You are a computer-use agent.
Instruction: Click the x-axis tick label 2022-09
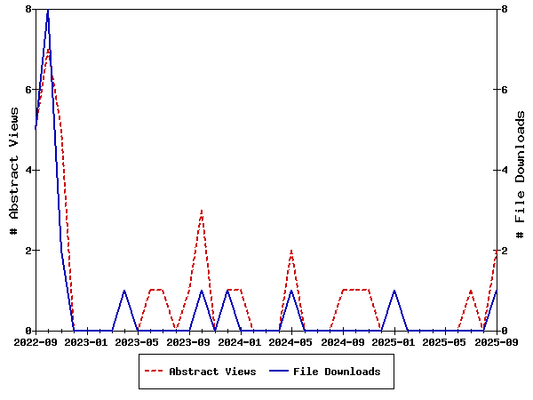36,341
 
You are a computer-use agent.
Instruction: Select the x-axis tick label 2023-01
87,341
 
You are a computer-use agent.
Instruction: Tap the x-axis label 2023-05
138,341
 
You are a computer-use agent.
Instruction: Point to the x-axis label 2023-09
189,341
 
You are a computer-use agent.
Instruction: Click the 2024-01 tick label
241,341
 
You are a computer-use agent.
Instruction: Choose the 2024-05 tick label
291,341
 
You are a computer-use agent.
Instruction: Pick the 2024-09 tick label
343,341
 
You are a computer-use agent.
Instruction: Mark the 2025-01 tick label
394,341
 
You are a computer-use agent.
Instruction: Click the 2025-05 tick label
445,341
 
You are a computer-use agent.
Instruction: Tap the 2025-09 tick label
496,341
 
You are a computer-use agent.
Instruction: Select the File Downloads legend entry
337,372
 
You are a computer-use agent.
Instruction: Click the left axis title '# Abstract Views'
14,170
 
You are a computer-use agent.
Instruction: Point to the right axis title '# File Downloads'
521,170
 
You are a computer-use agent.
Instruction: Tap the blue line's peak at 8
48,10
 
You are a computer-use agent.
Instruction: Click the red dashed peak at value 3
202,211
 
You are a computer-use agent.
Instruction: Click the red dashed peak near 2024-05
291,251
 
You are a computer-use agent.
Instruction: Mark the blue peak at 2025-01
394,291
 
